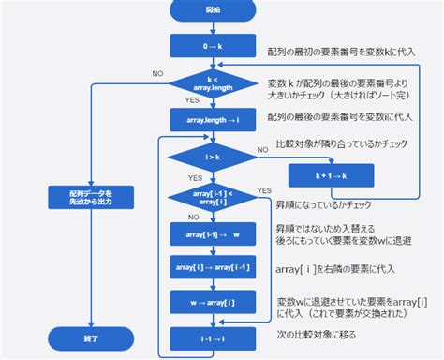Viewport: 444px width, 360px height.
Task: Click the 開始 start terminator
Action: tap(207, 12)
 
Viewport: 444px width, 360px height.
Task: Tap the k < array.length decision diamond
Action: tap(207, 84)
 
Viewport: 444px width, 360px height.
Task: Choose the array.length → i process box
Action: tap(207, 120)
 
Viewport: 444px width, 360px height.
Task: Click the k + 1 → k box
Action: tap(331, 175)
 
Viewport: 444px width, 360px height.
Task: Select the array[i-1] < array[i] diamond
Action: tap(207, 196)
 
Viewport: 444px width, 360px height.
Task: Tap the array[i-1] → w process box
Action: tap(207, 233)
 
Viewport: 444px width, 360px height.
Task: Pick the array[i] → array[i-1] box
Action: tap(207, 267)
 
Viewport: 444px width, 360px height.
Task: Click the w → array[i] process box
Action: tap(207, 301)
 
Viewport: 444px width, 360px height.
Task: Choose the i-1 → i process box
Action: tap(207, 335)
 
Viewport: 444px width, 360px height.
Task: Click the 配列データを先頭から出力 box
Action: tap(90, 196)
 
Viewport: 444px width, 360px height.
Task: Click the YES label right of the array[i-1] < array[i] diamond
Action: tap(263, 190)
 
